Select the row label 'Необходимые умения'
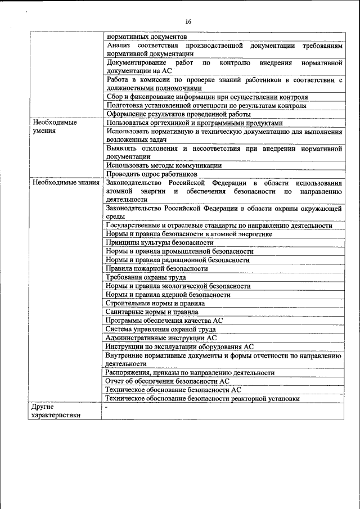click(x=55, y=127)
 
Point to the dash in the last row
click(x=106, y=406)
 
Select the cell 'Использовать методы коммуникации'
click(x=163, y=165)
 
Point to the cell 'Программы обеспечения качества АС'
click(x=164, y=320)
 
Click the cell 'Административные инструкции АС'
click(x=161, y=338)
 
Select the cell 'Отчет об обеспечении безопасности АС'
click(x=167, y=381)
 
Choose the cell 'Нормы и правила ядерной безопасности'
click(x=168, y=294)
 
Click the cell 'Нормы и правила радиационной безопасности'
click(x=177, y=260)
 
